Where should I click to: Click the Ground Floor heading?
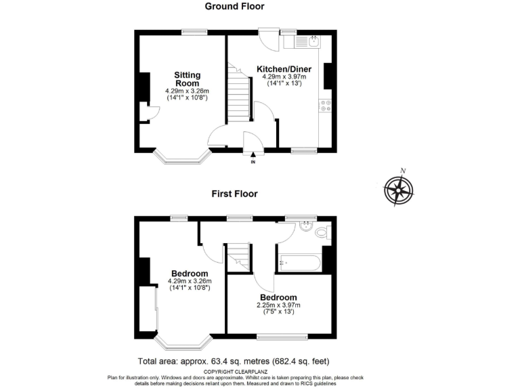[x=234, y=6]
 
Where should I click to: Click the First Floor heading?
[x=234, y=194]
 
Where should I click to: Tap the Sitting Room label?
[x=187, y=79]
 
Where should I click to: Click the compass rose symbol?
[x=398, y=190]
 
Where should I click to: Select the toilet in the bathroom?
[x=322, y=233]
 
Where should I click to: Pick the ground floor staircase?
[x=239, y=97]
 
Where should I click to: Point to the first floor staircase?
[x=238, y=257]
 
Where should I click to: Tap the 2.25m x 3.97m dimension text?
[x=278, y=305]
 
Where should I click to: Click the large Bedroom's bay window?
[x=183, y=344]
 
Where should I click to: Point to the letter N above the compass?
[x=402, y=171]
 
